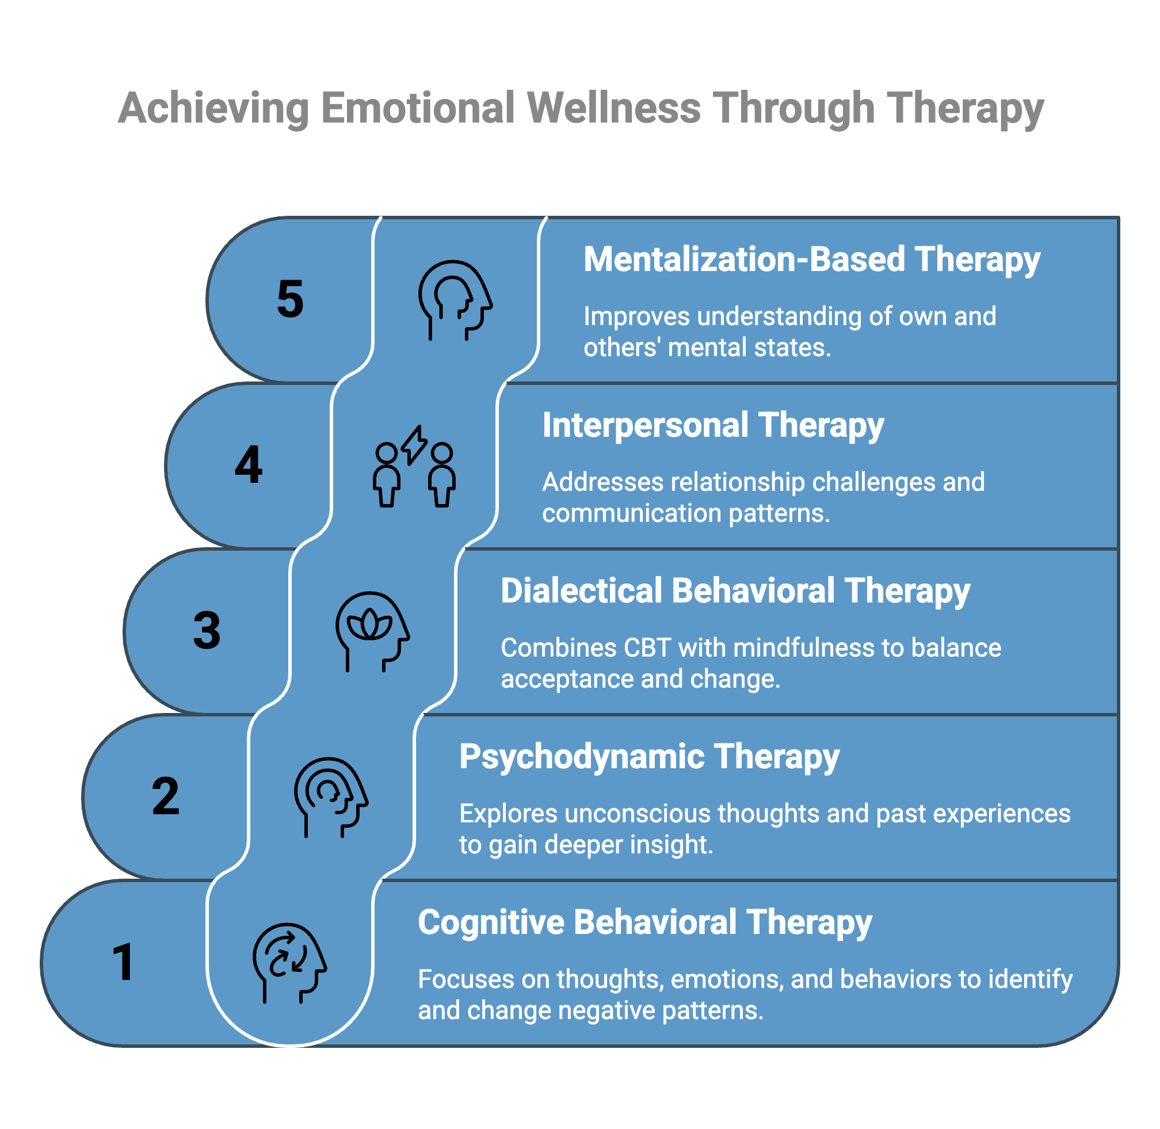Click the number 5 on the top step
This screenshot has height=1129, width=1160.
coord(290,299)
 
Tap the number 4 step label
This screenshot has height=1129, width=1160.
coord(249,465)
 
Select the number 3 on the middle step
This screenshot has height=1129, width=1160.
coord(207,630)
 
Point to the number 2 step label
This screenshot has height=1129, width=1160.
coord(166,796)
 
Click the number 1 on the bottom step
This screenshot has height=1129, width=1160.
coord(123,962)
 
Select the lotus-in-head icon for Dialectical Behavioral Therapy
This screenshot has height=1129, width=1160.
coord(372,631)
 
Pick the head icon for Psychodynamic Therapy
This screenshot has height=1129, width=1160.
coord(330,796)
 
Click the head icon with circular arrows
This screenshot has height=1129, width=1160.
coord(289,962)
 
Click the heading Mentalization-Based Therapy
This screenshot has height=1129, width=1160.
coord(811,260)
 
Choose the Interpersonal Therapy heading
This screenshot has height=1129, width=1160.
coord(713,425)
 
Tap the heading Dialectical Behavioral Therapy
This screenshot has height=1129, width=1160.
coord(735,591)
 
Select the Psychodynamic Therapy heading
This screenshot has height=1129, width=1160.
coord(649,757)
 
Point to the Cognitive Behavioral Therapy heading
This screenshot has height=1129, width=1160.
coord(644,922)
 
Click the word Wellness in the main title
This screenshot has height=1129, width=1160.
coord(614,109)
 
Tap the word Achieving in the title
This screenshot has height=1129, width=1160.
coord(213,109)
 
